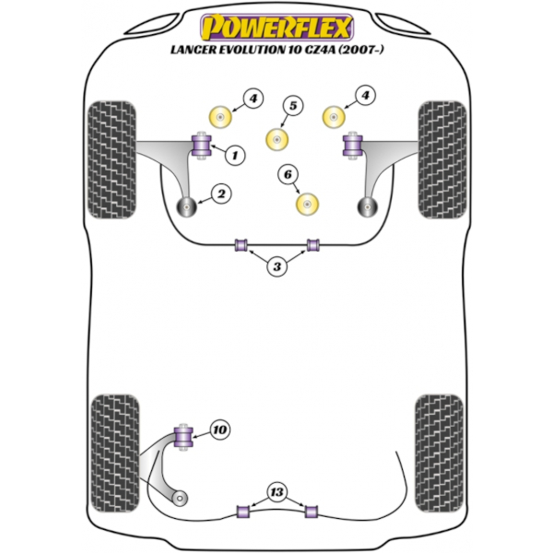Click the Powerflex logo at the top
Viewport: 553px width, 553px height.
coord(276,27)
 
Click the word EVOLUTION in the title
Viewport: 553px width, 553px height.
coord(250,50)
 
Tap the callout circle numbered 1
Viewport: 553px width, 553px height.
coord(235,155)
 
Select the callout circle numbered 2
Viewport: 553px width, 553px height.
coord(221,194)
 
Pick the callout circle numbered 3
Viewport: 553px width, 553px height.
coord(276,266)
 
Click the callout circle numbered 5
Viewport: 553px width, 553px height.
coord(293,105)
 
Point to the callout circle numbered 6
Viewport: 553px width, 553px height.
coord(288,174)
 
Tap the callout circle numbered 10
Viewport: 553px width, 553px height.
coord(219,429)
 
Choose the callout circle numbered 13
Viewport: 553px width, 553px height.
coord(276,491)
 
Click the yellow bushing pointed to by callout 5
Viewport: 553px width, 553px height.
coord(276,140)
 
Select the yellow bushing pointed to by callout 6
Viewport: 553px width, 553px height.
coord(307,204)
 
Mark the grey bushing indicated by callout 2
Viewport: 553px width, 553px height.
coord(186,207)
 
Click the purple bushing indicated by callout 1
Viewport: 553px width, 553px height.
coord(201,146)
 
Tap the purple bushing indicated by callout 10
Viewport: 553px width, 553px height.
coord(183,437)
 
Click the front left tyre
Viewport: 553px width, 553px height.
coord(112,159)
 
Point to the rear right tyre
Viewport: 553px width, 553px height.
coord(439,453)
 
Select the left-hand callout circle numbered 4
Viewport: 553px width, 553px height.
coord(253,99)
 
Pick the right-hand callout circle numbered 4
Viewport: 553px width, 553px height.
coord(365,95)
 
